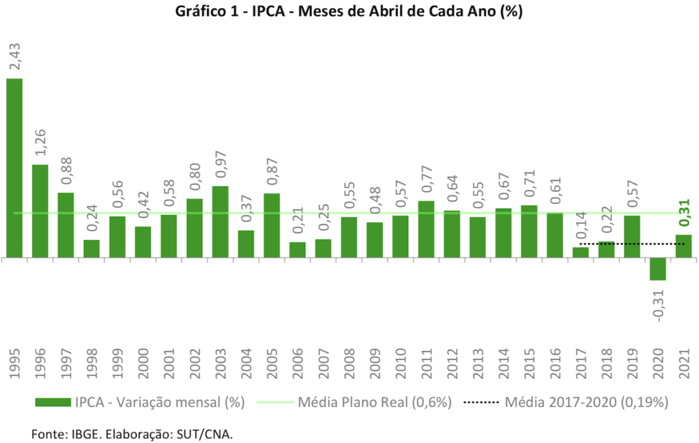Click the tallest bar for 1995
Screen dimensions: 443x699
pos(14,168)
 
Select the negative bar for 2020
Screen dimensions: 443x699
pos(658,269)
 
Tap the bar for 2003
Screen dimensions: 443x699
pos(220,222)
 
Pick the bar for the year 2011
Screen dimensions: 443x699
pos(426,229)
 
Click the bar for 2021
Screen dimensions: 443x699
pos(684,246)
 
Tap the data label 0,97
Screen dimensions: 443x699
pos(220,164)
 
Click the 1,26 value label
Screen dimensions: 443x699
pos(40,143)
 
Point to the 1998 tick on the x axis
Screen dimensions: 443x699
pos(91,363)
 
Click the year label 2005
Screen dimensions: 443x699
pos(272,363)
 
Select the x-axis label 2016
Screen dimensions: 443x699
pos(555,363)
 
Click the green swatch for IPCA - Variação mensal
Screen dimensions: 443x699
pos(51,403)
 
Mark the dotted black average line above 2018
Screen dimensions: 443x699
pos(607,244)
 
